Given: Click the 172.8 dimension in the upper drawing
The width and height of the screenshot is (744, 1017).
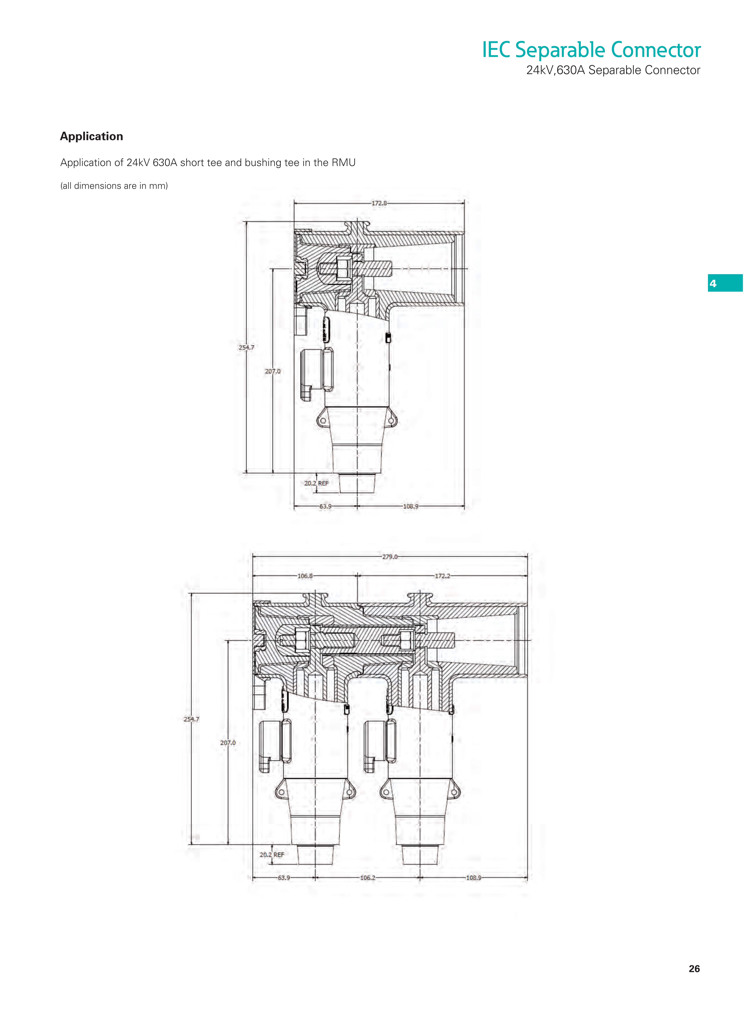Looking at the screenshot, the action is pyautogui.click(x=379, y=203).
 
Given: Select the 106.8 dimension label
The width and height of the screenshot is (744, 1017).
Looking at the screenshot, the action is pyautogui.click(x=305, y=576).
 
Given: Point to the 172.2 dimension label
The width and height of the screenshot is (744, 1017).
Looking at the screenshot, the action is pyautogui.click(x=442, y=576).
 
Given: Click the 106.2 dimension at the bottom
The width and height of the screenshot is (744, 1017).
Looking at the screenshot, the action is pyautogui.click(x=368, y=878).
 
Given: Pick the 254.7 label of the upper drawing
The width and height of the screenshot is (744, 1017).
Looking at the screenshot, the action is pyautogui.click(x=246, y=347).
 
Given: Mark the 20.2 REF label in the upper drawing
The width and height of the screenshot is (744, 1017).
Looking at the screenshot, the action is pyautogui.click(x=317, y=483).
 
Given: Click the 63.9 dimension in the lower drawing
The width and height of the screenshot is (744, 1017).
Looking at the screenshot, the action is pyautogui.click(x=284, y=878).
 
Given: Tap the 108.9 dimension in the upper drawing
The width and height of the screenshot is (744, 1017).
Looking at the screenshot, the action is pyautogui.click(x=410, y=506).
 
